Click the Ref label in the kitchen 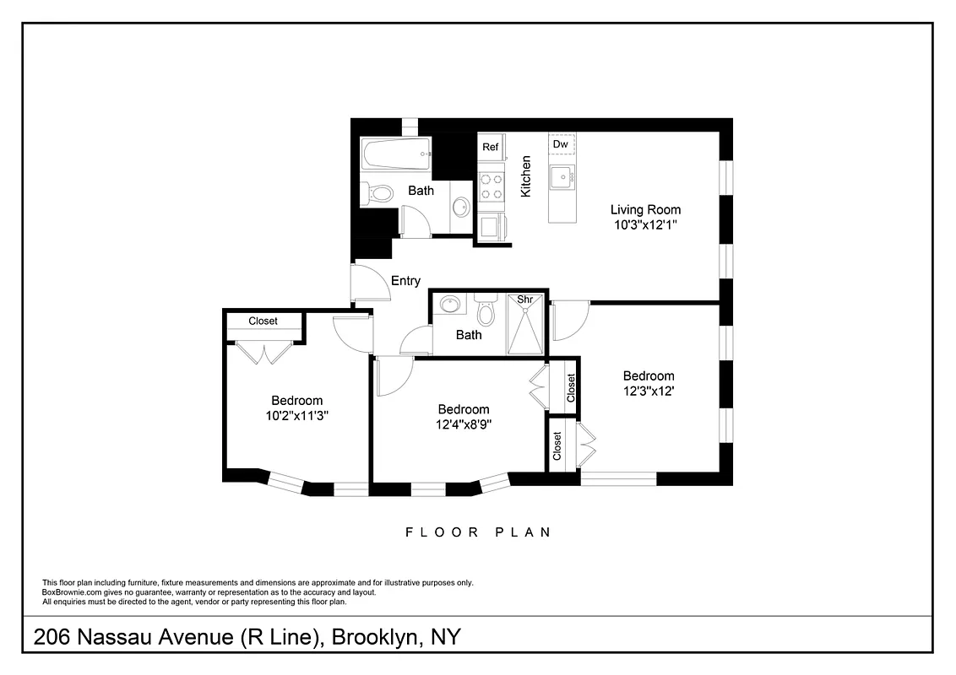[x=491, y=147]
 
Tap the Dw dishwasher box [x=560, y=145]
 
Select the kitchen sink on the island [x=561, y=178]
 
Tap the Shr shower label [x=525, y=300]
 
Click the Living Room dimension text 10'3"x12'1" [x=645, y=225]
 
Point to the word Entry [x=405, y=281]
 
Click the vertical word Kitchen [x=525, y=176]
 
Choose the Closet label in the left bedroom [x=263, y=321]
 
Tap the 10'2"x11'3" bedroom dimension [x=296, y=414]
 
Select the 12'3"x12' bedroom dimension [x=649, y=391]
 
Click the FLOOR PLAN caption [x=478, y=532]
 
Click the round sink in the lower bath [x=450, y=305]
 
